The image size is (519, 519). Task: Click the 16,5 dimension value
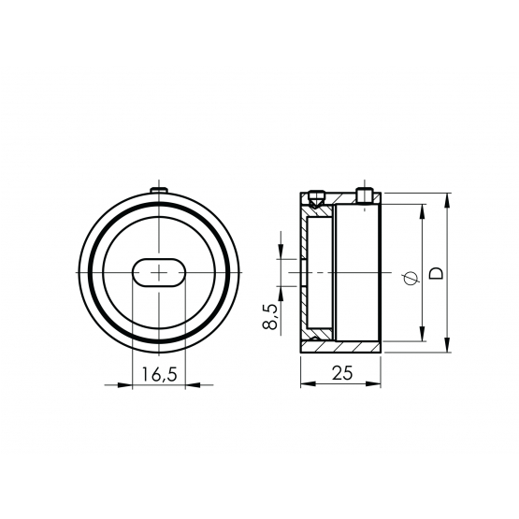coord(160,374)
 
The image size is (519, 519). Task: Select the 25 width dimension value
coord(342,373)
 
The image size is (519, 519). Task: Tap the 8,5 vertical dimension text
coord(270,317)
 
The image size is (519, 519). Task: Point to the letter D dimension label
coord(436,273)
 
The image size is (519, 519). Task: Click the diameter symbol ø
coord(411,278)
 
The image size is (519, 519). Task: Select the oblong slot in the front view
coord(159,272)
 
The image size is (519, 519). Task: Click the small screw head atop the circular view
coord(159,190)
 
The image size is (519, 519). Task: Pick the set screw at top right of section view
coord(365,195)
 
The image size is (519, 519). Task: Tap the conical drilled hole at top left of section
coord(315,199)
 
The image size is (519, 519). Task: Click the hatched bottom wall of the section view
coord(340,347)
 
